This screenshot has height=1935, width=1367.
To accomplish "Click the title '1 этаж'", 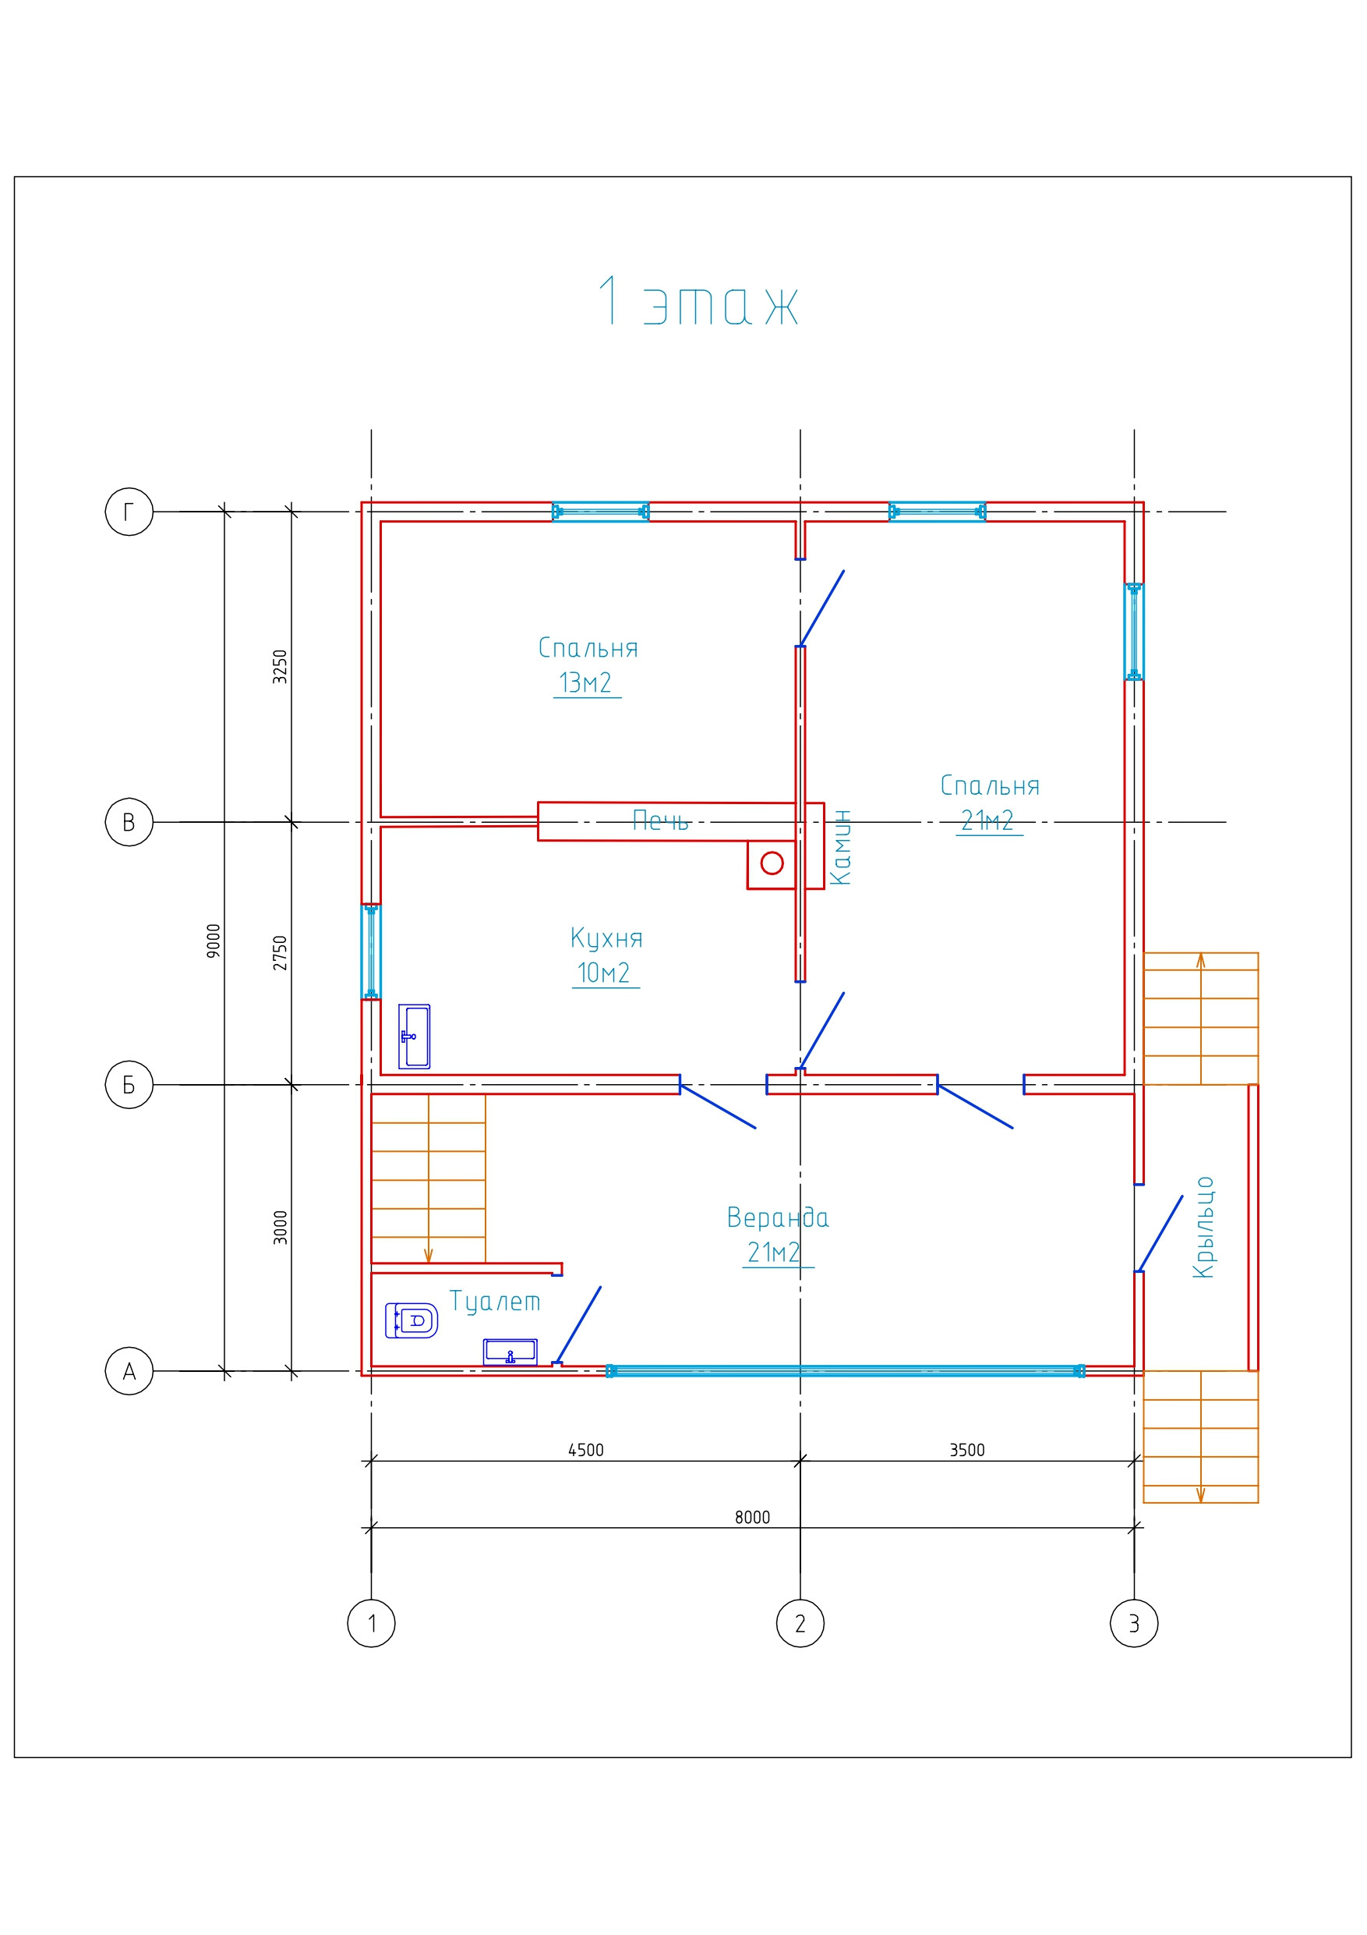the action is [x=698, y=302].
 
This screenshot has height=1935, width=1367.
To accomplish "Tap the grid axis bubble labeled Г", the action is [x=129, y=511].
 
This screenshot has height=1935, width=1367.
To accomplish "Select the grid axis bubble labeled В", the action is [x=129, y=822].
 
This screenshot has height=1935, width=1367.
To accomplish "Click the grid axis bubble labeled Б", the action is [x=129, y=1085].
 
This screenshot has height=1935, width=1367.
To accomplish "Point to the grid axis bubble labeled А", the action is [x=129, y=1371].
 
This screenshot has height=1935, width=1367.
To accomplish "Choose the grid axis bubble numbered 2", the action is [x=800, y=1622].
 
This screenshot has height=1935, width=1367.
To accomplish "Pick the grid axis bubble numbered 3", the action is [x=1134, y=1622].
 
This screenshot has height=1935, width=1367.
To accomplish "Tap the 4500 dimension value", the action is [x=585, y=1450].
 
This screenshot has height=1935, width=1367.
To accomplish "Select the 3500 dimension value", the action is [x=966, y=1450].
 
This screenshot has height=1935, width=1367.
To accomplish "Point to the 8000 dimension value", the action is [x=752, y=1517].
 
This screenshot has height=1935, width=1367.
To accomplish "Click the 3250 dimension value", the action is [x=281, y=667].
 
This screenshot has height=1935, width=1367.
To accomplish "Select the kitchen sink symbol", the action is [x=414, y=1037].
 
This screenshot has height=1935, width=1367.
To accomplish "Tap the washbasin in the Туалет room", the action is [x=510, y=1352].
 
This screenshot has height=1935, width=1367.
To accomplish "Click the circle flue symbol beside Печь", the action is [x=772, y=863].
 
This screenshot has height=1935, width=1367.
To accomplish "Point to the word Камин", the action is [x=841, y=847].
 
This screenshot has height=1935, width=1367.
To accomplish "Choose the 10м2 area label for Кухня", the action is [x=603, y=973].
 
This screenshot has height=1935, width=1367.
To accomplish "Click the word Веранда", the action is [x=777, y=1217].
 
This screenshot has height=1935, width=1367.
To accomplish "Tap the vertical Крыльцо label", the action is [x=1203, y=1226].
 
